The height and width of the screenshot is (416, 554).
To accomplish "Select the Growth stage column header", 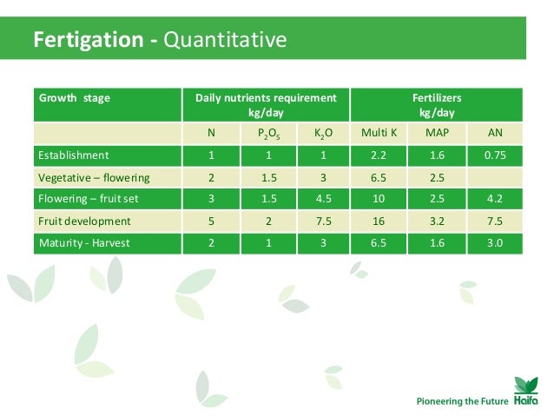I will tap(74, 98).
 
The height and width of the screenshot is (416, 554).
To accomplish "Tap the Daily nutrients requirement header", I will tap(265, 105).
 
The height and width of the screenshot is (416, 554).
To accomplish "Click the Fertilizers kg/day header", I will tap(436, 105).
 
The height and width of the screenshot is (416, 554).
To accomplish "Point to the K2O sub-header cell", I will tap(321, 134).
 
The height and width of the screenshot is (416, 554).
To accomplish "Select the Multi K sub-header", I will tap(379, 134).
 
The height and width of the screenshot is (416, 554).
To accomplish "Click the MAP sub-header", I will tap(436, 134).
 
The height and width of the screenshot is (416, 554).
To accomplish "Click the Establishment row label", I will tap(73, 155).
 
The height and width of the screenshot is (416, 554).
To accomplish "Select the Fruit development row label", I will tap(84, 221).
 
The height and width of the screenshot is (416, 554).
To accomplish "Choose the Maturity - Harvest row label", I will tap(84, 242).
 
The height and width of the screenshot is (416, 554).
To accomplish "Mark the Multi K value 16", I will tap(379, 221).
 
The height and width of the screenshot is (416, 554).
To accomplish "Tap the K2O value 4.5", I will tap(321, 199).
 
